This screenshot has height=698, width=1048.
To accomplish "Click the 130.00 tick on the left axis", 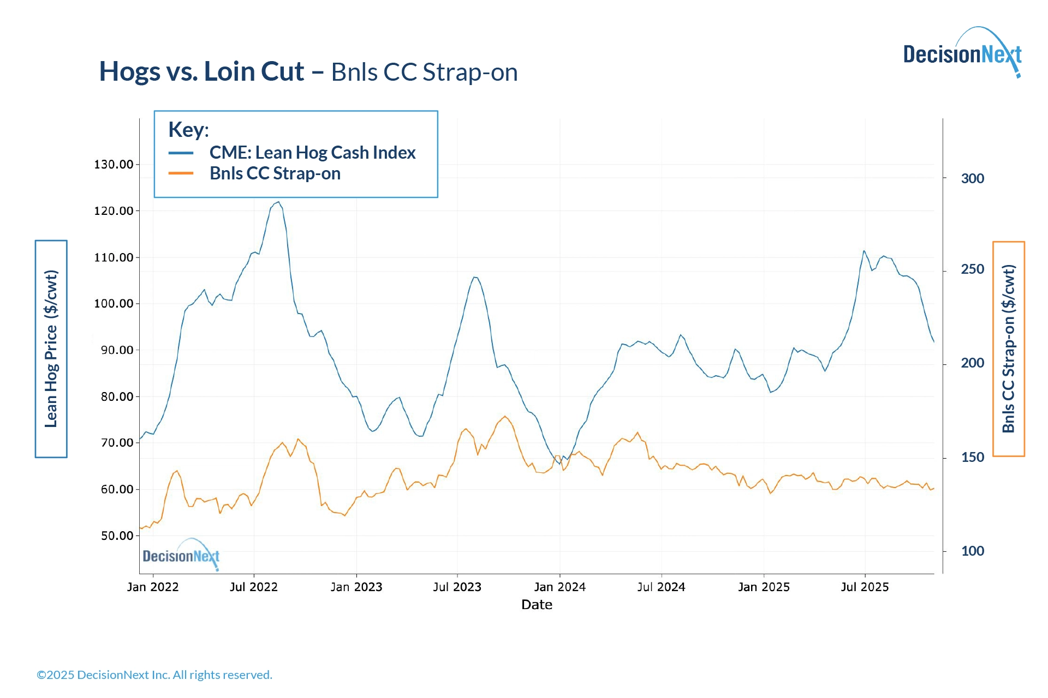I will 114,165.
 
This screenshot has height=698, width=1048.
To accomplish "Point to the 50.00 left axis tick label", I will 117,536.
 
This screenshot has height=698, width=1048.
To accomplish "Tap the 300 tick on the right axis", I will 972,178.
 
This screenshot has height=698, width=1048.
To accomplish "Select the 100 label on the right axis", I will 972,551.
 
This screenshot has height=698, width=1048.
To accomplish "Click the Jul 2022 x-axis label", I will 253,587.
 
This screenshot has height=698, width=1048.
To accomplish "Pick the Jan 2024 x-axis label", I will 559,587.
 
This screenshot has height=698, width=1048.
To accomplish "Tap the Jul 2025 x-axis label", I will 865,587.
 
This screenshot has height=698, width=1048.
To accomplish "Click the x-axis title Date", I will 537,605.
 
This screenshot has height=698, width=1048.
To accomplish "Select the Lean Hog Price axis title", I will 51,348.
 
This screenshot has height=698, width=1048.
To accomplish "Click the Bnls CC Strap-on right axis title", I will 1009,348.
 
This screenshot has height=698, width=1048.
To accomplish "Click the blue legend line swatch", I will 181,153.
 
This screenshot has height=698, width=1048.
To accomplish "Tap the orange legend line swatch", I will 181,173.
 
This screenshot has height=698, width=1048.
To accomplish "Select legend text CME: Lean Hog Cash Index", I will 312,153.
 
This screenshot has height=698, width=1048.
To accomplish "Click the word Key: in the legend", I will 188,130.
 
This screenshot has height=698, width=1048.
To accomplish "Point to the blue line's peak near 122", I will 278,202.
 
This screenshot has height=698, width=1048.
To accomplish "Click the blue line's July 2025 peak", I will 864,251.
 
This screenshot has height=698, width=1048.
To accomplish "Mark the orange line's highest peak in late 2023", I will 505,417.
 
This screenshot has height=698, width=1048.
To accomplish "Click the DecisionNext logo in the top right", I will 962,53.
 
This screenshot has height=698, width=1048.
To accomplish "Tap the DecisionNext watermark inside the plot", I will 181,555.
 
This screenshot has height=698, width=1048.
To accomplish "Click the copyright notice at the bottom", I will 154,675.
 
